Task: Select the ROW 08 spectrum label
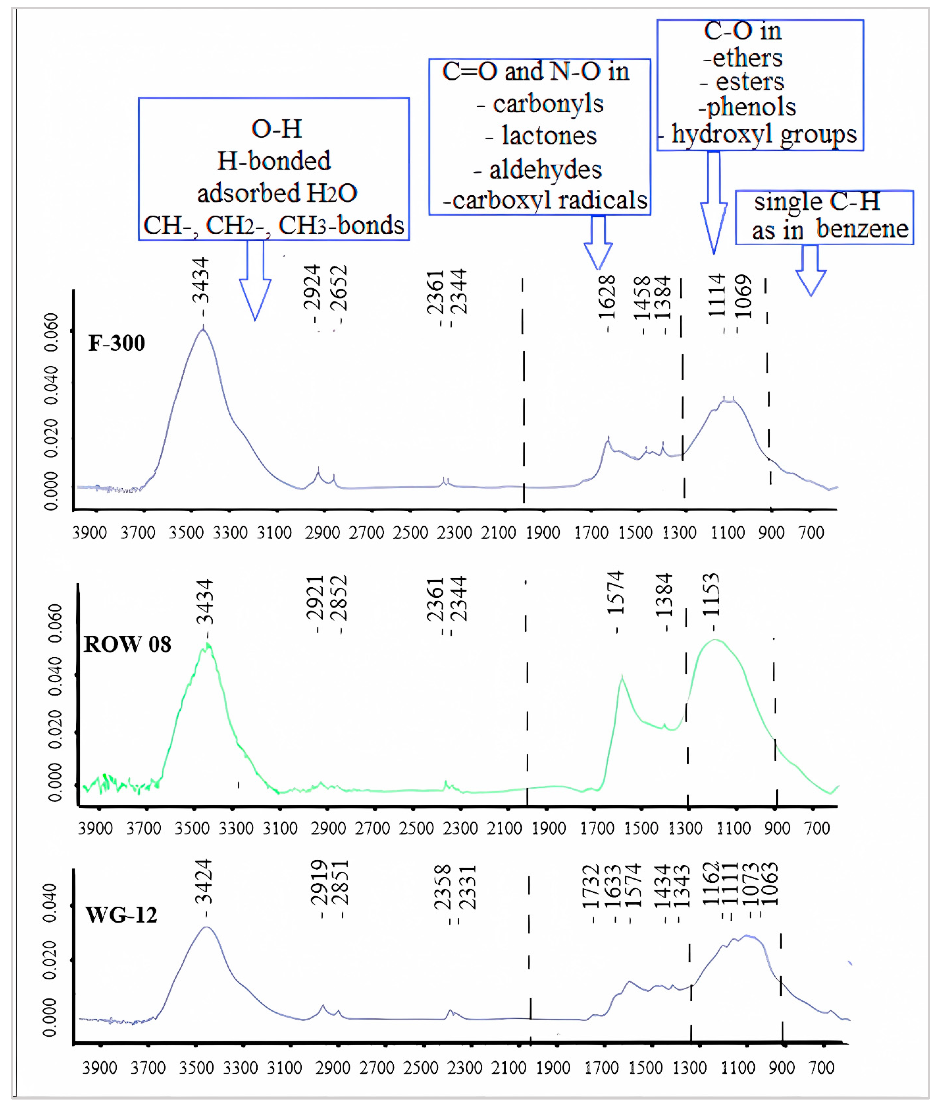coord(127,645)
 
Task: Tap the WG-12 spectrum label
coord(121,915)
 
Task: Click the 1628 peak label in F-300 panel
coord(607,297)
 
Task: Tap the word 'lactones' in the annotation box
coord(549,136)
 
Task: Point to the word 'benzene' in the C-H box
coord(862,229)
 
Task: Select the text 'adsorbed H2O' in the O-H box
coord(277,193)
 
